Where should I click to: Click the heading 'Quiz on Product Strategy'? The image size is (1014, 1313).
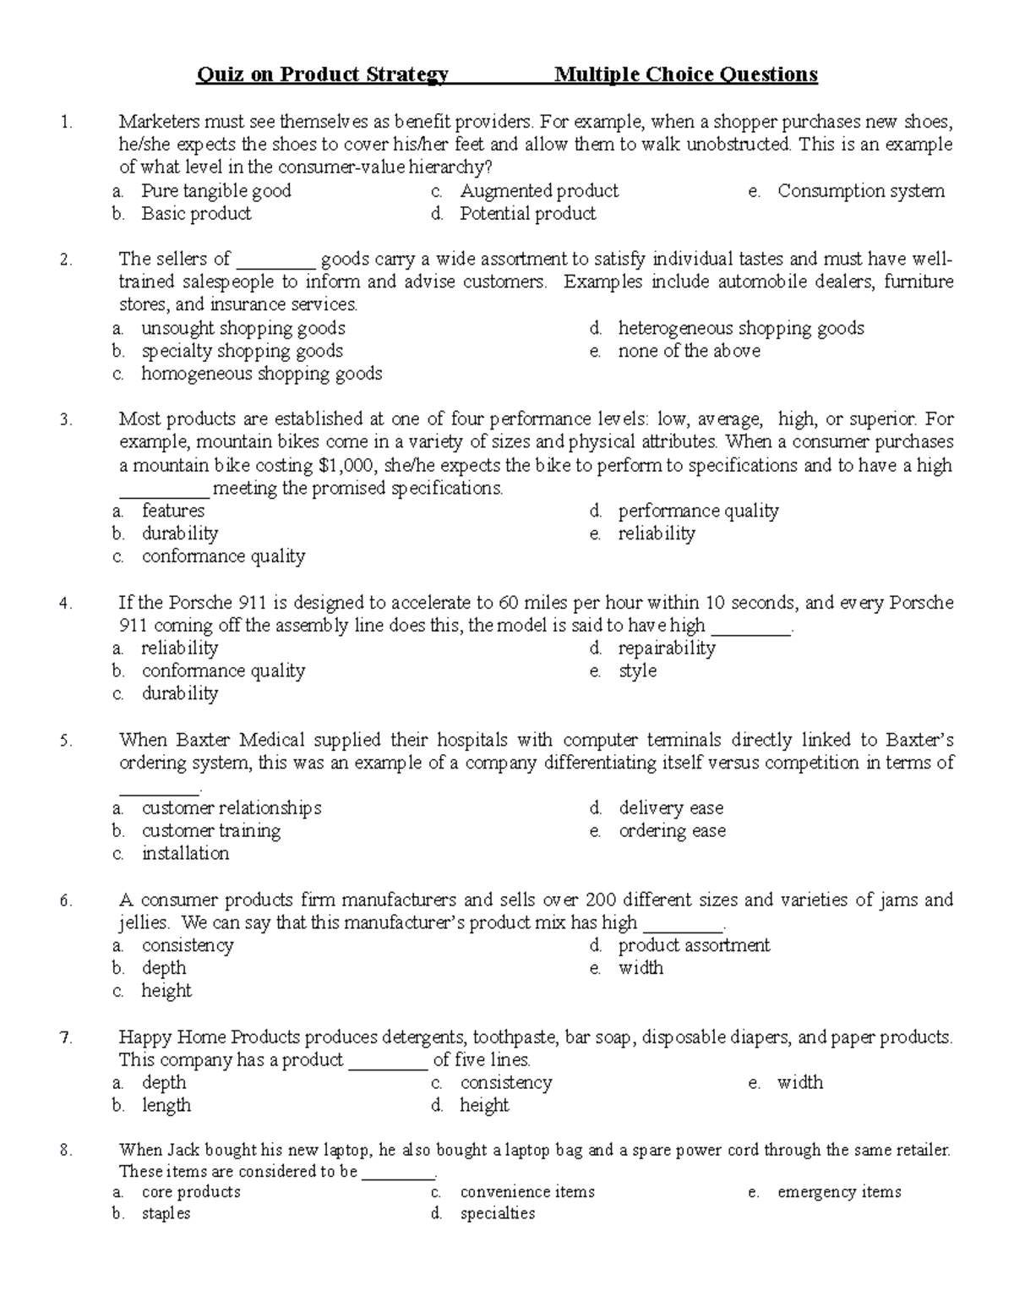pos(322,75)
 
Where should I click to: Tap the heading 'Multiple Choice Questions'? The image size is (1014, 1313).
pos(685,75)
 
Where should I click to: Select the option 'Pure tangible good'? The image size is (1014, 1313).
pos(215,191)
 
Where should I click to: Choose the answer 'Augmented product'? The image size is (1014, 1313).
pos(539,191)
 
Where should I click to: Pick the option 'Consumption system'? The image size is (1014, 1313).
pos(860,191)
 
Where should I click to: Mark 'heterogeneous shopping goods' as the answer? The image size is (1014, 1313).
pos(740,328)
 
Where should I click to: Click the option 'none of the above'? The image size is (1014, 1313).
pos(689,351)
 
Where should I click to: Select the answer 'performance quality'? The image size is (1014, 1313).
pos(698,511)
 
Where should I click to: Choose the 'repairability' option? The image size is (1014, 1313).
pos(667,648)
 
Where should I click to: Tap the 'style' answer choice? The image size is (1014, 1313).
pos(637,671)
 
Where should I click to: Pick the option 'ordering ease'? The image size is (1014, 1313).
pos(672,831)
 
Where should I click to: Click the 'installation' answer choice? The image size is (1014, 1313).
pos(185,854)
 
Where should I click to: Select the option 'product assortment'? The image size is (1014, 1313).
pos(694,945)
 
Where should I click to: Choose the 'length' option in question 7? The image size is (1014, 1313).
pos(166,1106)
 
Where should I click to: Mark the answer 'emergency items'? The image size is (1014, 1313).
pos(838,1192)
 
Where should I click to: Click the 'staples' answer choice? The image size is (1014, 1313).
pos(166,1214)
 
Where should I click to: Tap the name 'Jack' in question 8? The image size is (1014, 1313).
pos(183,1150)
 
